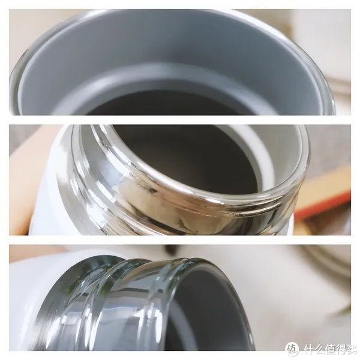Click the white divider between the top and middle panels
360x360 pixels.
click(x=180, y=119)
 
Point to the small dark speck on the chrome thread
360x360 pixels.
click(x=152, y=191)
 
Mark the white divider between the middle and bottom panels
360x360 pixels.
click(x=180, y=240)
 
